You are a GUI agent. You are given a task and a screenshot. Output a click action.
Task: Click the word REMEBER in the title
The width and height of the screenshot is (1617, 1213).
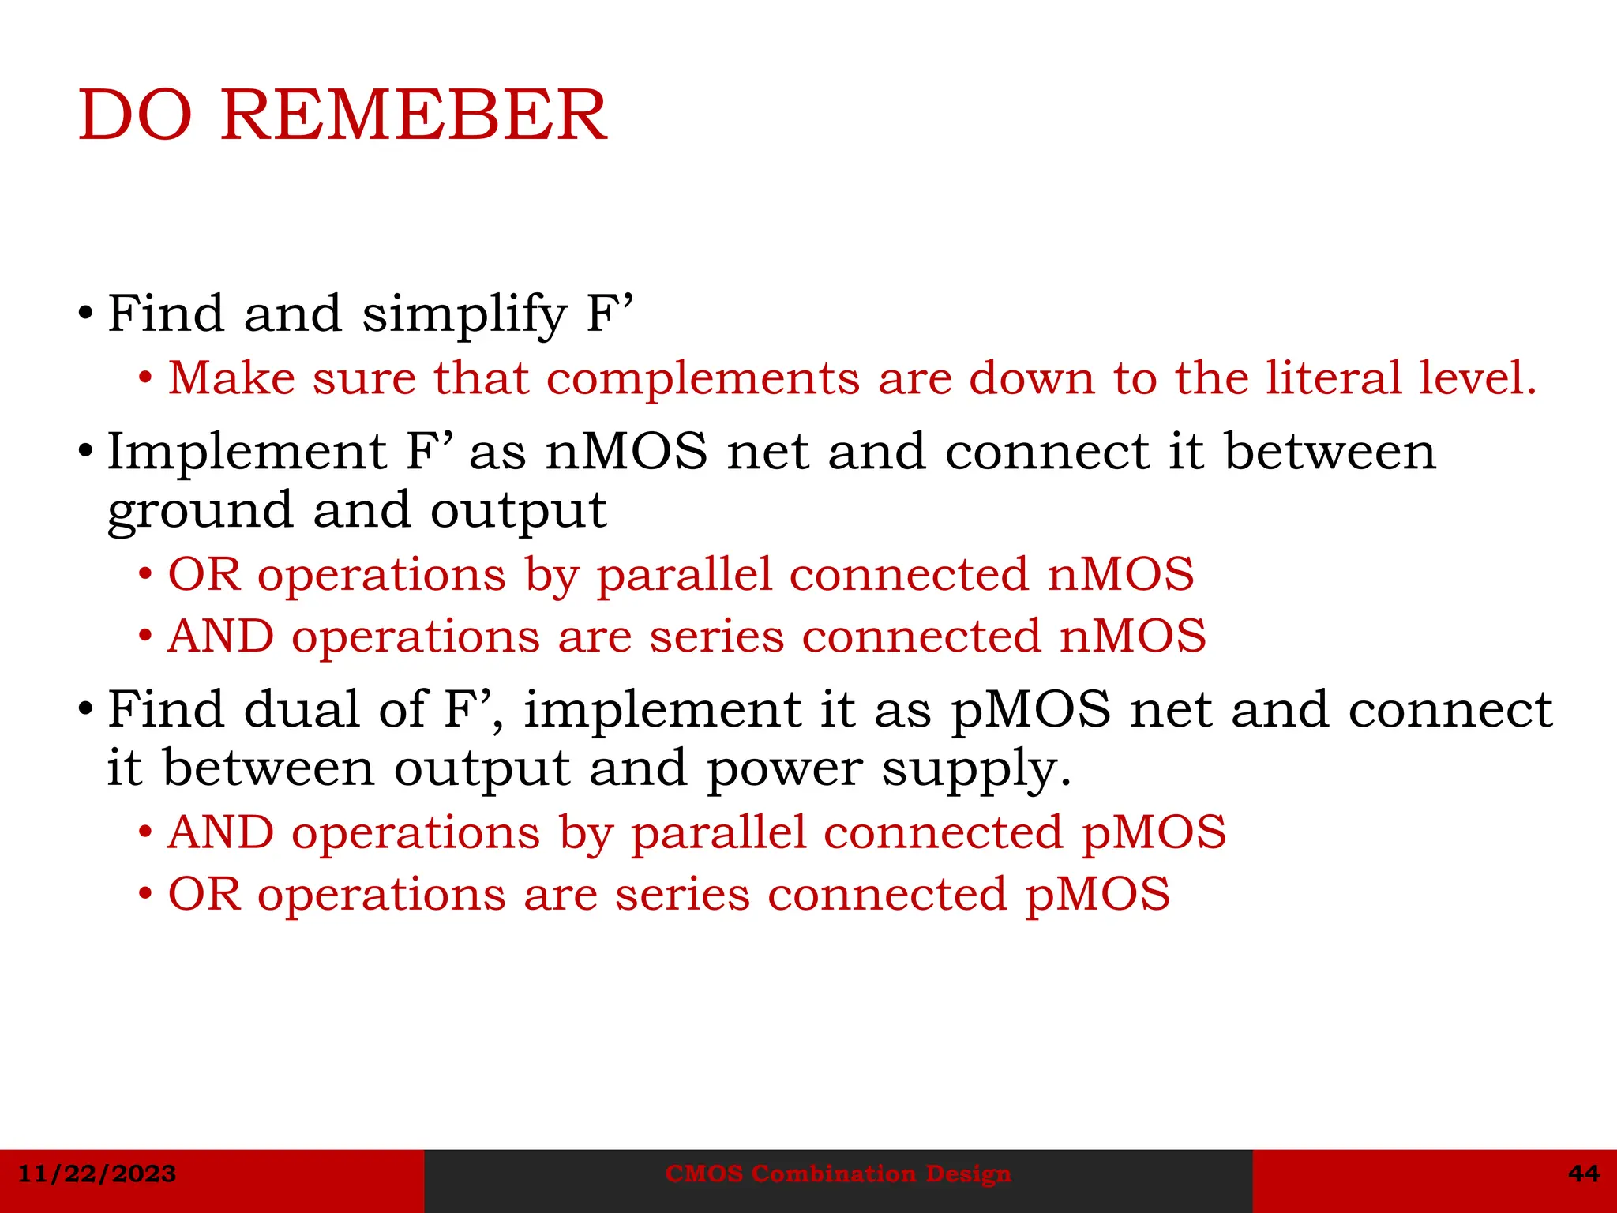414,116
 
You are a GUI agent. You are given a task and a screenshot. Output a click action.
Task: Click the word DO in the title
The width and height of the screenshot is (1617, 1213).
135,116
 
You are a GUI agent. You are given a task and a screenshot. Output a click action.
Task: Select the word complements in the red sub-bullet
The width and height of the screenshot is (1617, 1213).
703,379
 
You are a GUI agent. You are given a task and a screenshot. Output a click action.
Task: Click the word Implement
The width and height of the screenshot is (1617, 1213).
246,453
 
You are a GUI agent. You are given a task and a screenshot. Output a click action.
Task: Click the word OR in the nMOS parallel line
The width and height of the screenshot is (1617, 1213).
204,574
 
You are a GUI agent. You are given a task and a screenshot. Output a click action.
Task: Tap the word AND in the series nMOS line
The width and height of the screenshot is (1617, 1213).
221,637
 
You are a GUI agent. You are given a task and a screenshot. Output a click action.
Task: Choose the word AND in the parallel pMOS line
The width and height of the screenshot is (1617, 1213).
221,833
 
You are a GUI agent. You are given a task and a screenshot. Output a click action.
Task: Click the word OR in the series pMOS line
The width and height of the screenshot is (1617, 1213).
204,895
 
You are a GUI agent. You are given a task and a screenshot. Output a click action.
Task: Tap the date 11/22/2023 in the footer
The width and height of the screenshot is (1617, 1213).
96,1174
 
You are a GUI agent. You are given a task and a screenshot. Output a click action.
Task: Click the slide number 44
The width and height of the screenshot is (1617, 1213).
1584,1174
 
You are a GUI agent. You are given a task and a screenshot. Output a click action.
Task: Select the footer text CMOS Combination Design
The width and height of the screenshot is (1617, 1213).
838,1174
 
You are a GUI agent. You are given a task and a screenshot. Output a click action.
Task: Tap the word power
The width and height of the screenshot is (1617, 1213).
784,769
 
